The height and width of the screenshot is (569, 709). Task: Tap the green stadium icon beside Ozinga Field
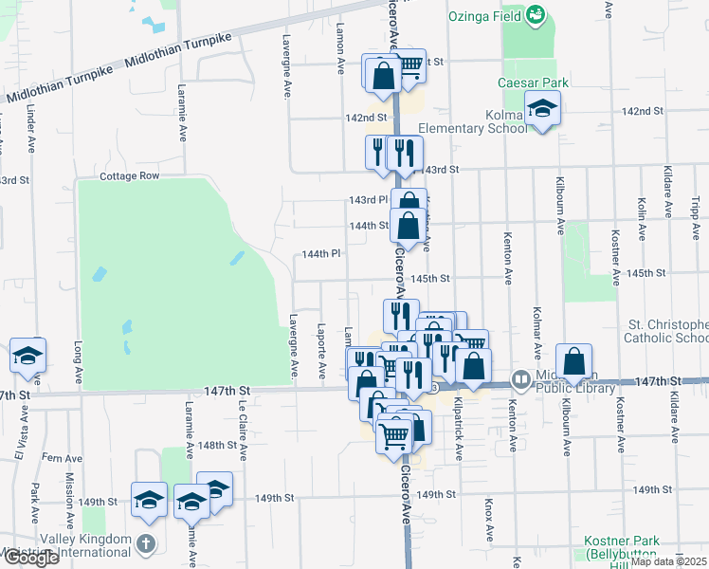pyautogui.click(x=536, y=13)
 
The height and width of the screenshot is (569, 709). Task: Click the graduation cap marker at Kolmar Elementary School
pyautogui.click(x=543, y=110)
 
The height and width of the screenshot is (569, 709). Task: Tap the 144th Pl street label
pyautogui.click(x=321, y=254)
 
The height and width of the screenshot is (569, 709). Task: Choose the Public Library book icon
pyautogui.click(x=520, y=379)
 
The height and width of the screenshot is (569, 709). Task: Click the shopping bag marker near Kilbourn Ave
pyautogui.click(x=574, y=362)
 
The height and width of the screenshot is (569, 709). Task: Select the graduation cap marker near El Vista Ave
pyautogui.click(x=27, y=357)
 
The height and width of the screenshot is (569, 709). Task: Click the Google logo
pyautogui.click(x=30, y=558)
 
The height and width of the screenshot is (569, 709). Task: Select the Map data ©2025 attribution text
pyautogui.click(x=669, y=561)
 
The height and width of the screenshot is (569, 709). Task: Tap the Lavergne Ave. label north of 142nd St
pyautogui.click(x=286, y=68)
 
